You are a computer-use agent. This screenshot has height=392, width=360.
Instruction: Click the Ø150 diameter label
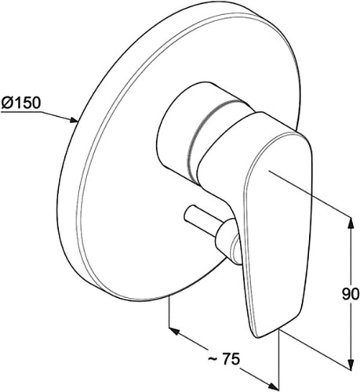(21, 103)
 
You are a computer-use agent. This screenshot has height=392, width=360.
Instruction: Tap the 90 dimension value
(351, 294)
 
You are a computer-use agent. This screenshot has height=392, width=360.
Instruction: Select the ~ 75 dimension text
(224, 360)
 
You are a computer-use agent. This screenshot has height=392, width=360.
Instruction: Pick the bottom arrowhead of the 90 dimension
(351, 364)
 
